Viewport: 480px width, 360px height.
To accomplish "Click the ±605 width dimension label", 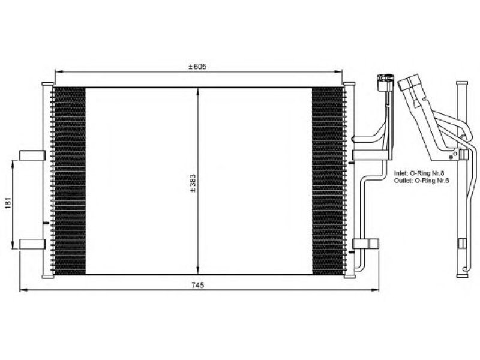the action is [197, 67].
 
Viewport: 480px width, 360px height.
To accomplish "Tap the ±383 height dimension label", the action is [193, 183].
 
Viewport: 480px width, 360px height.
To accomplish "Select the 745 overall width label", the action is [197, 286].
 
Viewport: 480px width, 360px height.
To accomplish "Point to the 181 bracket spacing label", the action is [8, 203].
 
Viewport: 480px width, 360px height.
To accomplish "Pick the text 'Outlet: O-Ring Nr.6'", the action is [422, 181].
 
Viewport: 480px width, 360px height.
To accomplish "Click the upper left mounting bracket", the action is [32, 155].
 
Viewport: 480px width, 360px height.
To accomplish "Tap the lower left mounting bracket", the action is [32, 244].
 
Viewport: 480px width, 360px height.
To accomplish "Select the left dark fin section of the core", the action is [69, 181].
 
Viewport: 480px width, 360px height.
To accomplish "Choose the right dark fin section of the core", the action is [328, 181].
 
